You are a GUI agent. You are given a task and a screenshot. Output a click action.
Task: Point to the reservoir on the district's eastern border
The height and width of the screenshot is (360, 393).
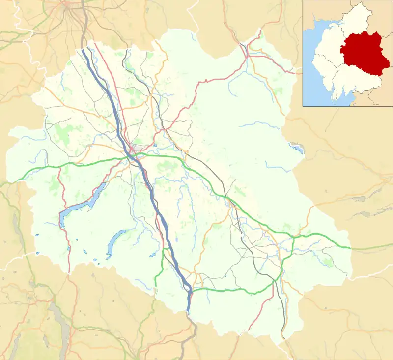point(297,147)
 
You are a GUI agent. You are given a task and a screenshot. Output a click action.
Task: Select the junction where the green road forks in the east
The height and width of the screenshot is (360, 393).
point(293,238)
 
